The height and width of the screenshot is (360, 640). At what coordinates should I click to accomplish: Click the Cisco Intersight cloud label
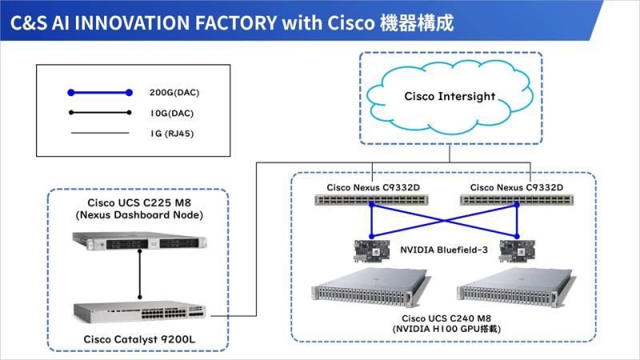coord(450,97)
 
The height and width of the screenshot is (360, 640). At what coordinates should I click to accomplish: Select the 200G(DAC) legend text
coord(174,93)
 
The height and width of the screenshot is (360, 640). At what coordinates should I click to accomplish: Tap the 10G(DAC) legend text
coord(172,113)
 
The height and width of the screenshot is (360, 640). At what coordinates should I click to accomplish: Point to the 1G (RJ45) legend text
coord(172,134)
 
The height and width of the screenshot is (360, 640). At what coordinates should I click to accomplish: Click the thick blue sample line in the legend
coord(100,93)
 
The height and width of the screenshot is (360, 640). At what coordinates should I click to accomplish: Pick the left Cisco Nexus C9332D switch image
coord(371,199)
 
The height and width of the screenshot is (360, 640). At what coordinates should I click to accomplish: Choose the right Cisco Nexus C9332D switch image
coord(517,199)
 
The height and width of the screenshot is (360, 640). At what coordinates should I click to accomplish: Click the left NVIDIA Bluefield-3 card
coord(371,250)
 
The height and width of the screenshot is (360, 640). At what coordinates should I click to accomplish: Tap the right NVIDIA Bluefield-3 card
coord(517,250)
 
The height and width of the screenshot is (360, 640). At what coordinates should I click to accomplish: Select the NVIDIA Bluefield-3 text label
coord(444,250)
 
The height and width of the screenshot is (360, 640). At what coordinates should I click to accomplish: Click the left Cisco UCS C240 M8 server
coord(370,288)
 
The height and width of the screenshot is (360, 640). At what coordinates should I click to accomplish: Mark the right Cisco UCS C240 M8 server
coord(516,288)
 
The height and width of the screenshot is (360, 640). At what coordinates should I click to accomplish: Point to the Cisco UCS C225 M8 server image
coord(139,241)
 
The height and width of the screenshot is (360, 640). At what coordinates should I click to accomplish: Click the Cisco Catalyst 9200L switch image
coord(139,313)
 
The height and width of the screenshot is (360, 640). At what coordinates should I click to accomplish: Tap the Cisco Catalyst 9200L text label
coord(139,339)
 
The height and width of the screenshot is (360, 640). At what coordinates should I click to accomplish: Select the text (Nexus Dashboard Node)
coord(139,215)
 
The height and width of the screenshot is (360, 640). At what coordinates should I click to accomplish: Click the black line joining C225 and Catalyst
coord(139,274)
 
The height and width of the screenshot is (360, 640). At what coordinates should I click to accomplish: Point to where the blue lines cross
coord(444,221)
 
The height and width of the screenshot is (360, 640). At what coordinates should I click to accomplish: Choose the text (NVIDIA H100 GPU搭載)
coord(446,329)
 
